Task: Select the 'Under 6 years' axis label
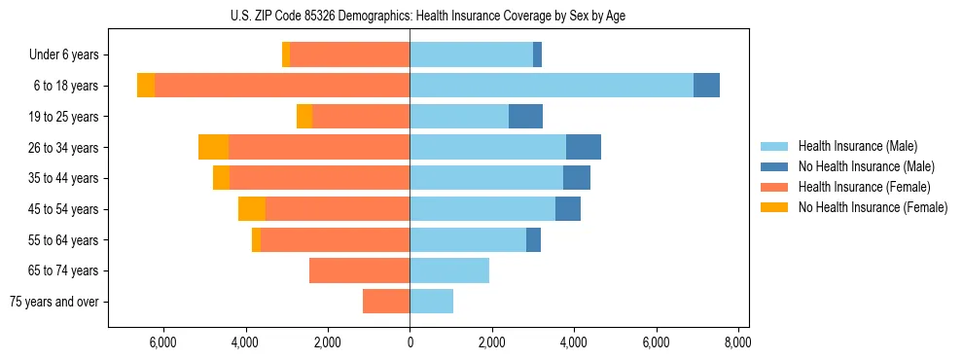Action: coord(69,55)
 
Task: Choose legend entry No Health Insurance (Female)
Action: coord(873,207)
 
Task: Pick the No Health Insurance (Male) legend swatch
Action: coord(775,166)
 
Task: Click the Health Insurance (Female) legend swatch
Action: coord(775,187)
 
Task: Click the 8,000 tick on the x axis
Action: coord(737,342)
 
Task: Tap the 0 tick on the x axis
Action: coord(410,342)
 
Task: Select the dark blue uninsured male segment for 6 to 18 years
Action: coord(706,86)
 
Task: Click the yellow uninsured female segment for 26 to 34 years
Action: coord(213,147)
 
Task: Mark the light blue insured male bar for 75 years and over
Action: coord(431,302)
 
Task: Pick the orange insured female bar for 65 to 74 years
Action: coord(359,270)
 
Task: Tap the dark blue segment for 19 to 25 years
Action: coord(525,117)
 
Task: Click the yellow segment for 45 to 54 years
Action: coord(251,209)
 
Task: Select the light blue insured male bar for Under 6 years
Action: coord(471,55)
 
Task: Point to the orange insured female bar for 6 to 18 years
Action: coord(282,86)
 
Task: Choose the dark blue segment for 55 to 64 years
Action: coord(533,240)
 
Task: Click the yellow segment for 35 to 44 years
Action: coord(221,178)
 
